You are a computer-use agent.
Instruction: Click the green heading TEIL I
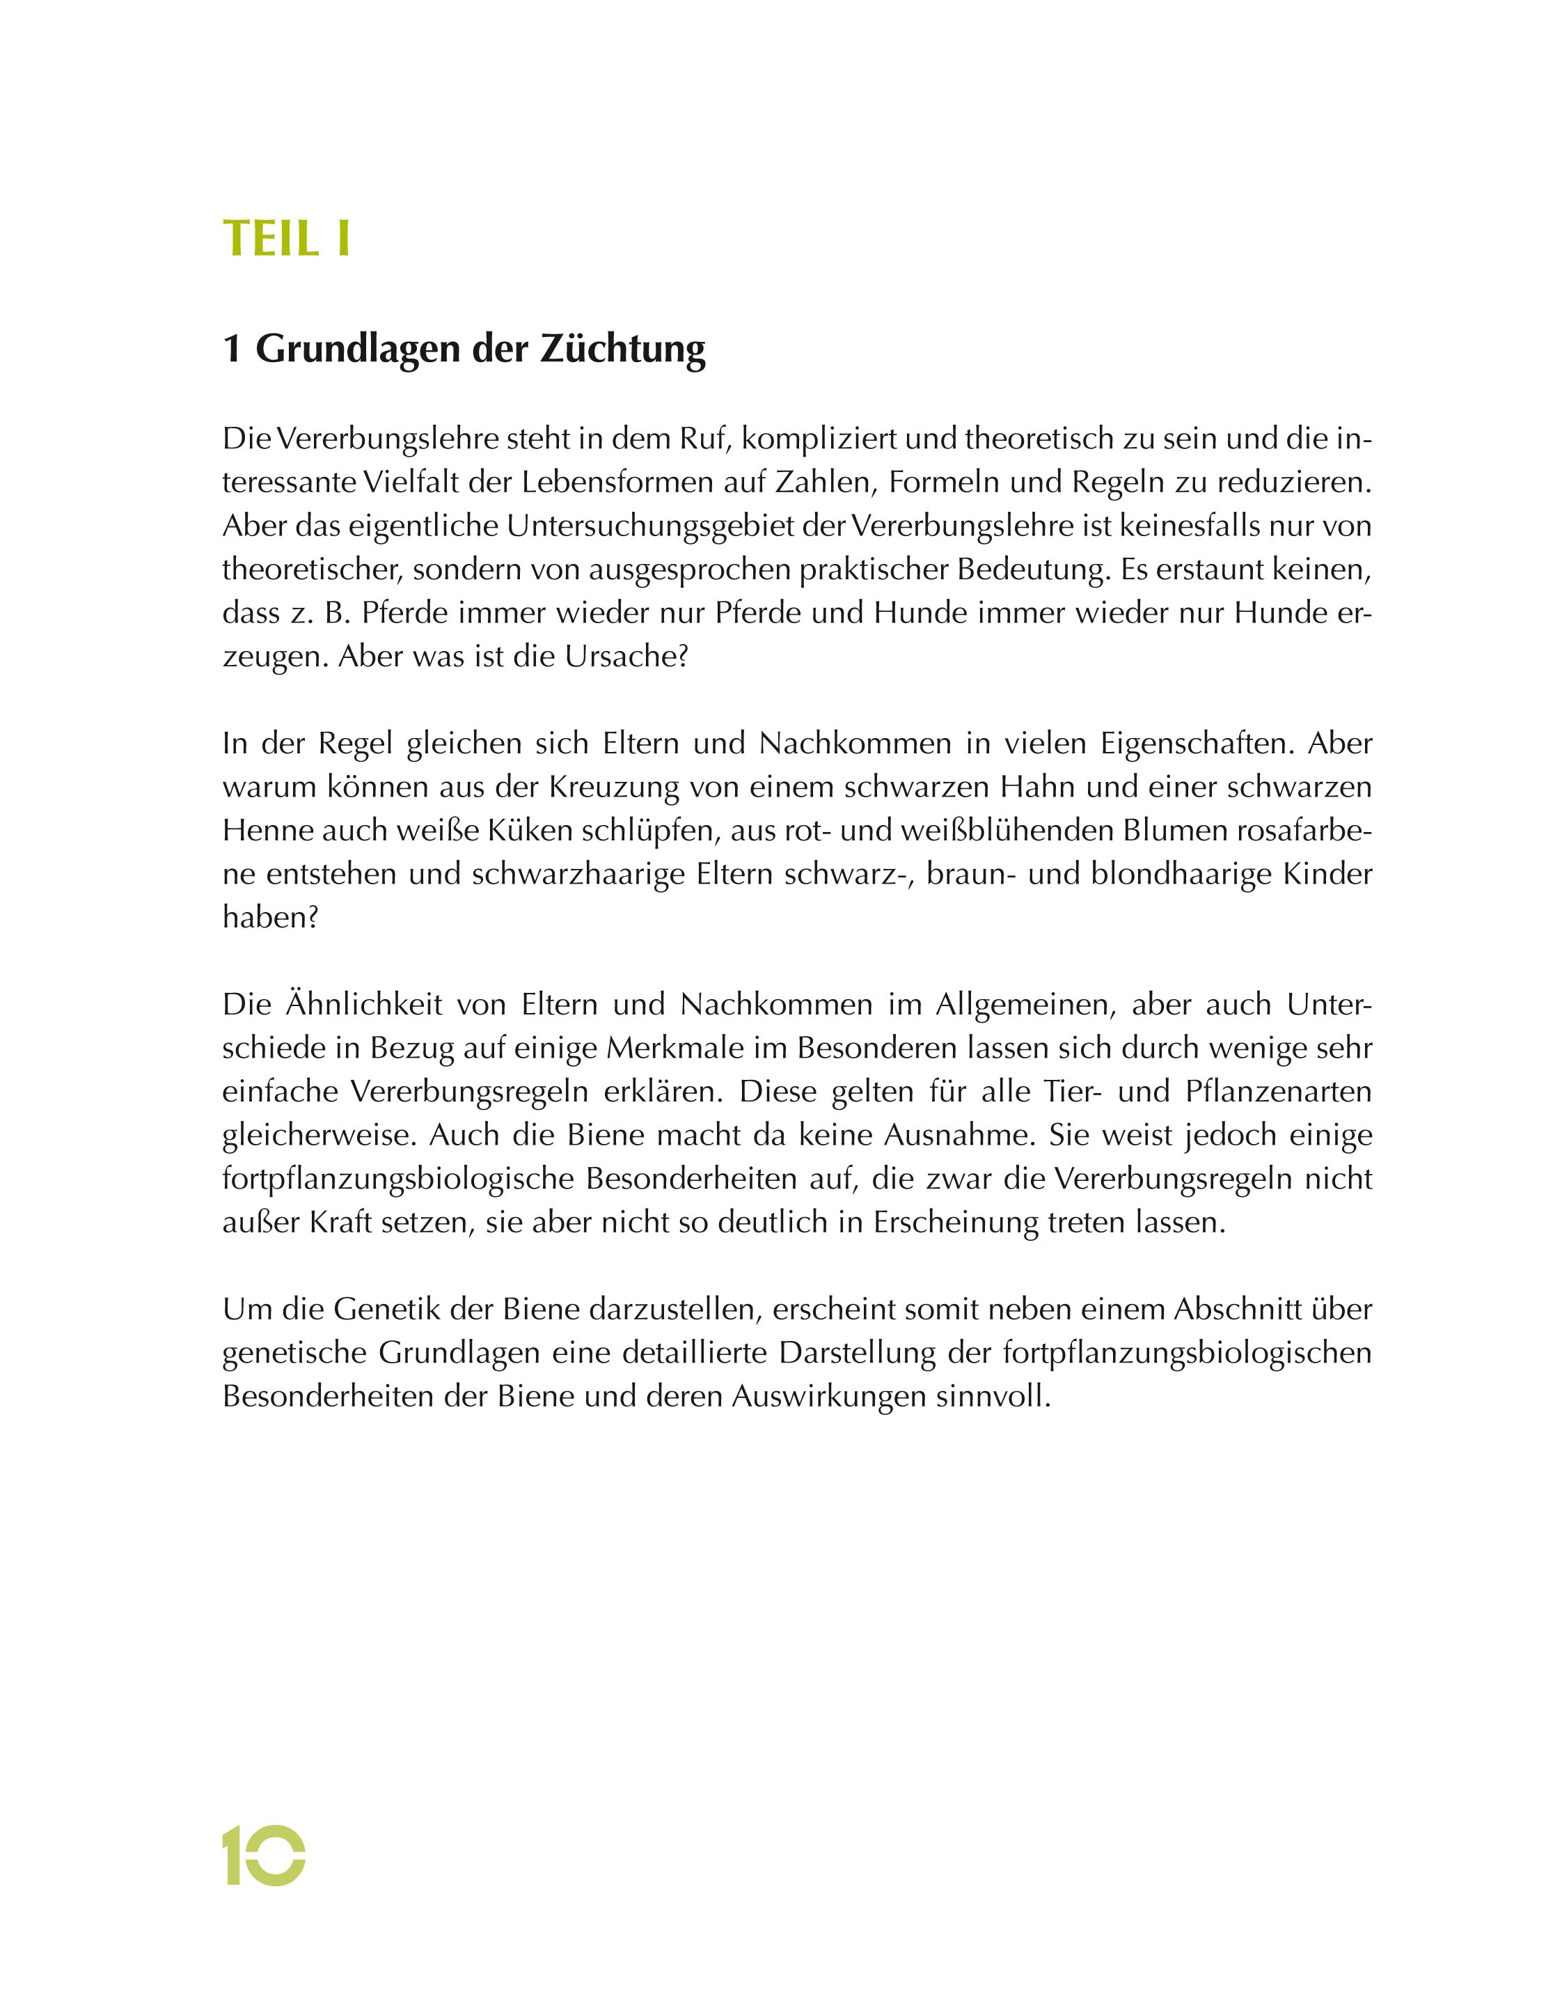(286, 239)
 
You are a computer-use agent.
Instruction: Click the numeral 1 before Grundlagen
(232, 350)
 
